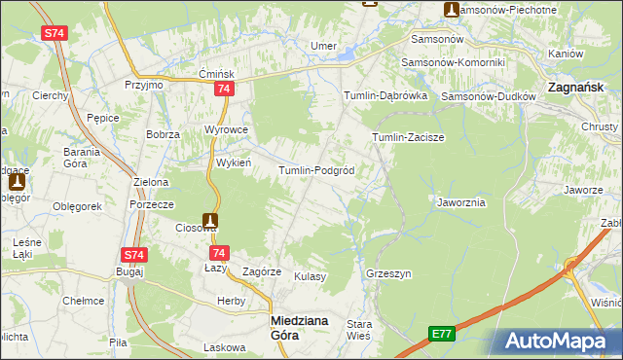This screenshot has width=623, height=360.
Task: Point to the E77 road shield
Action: (442, 334)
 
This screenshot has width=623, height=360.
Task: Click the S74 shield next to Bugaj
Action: (134, 255)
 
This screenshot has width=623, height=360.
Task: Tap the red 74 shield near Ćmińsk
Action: (225, 90)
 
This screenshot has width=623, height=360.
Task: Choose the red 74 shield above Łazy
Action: (220, 251)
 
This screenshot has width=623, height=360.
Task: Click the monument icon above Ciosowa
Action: (210, 221)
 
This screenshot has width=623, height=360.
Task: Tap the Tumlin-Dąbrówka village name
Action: (385, 95)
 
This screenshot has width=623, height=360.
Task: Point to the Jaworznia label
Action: (461, 202)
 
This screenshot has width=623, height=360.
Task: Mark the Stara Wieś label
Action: (360, 330)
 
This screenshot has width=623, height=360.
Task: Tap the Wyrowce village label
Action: (227, 129)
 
